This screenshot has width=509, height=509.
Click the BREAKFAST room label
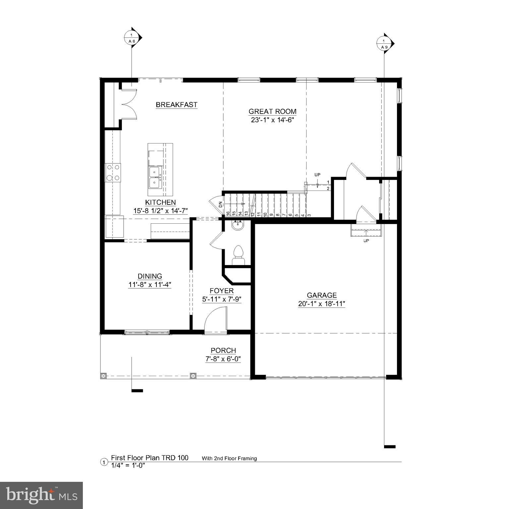(176, 105)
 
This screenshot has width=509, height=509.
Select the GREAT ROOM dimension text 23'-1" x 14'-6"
(272, 120)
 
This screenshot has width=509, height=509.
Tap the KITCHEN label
(160, 202)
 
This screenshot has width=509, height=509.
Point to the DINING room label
(150, 276)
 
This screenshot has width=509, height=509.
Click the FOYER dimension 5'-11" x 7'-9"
(222, 299)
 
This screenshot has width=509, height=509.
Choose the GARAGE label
(321, 295)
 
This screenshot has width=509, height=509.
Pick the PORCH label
(223, 351)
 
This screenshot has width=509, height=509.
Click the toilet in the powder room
(238, 254)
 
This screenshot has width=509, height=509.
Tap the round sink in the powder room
(238, 226)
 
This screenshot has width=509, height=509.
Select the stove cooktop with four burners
(113, 173)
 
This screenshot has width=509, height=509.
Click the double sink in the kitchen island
(155, 178)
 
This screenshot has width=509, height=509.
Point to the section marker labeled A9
(384, 44)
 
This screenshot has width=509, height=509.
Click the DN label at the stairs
(221, 205)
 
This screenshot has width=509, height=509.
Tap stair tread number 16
(228, 214)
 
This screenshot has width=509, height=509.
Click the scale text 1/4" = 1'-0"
(128, 465)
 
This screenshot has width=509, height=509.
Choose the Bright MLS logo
(41, 495)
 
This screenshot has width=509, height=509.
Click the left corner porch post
(103, 376)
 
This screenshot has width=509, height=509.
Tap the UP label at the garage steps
(366, 241)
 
